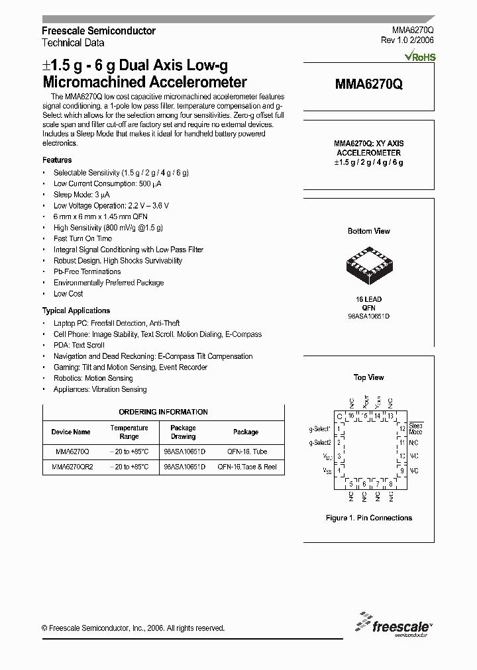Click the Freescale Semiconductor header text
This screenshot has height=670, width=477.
click(99, 31)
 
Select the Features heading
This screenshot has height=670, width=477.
click(57, 160)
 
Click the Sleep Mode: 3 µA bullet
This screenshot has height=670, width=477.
click(81, 195)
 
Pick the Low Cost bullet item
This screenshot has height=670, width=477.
click(68, 294)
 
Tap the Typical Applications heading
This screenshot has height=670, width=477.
click(76, 311)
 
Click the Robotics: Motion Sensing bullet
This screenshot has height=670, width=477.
click(93, 379)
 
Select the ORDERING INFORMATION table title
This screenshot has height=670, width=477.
click(163, 412)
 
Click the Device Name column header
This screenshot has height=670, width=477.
click(71, 432)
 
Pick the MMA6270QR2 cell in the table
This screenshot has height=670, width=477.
click(72, 467)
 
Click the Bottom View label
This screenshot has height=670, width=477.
click(368, 231)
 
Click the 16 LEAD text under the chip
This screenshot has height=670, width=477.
click(368, 299)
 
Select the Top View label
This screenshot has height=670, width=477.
click(368, 377)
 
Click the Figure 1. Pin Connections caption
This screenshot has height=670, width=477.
click(368, 518)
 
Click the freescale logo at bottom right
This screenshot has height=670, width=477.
click(394, 624)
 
